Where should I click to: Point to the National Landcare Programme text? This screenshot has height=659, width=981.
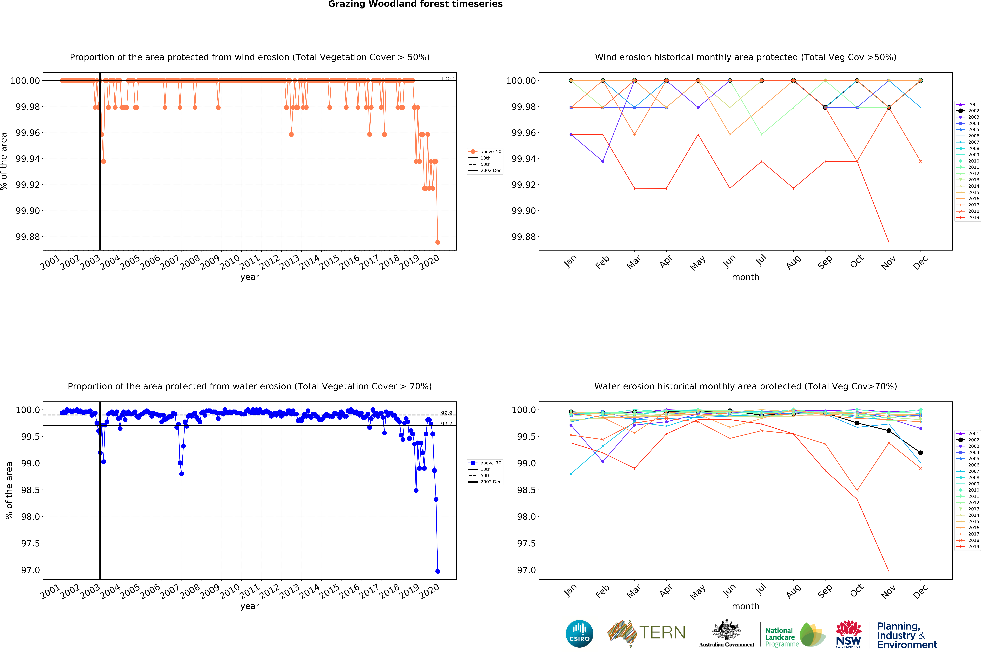tap(782, 637)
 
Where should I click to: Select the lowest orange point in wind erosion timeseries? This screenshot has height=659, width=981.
tap(438, 242)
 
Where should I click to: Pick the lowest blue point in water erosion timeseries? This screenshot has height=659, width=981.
tap(438, 571)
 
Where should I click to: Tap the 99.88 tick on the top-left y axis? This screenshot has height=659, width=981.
tap(28, 237)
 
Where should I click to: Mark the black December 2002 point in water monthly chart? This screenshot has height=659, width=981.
tap(921, 453)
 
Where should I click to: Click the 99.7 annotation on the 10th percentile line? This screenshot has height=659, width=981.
tap(446, 424)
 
